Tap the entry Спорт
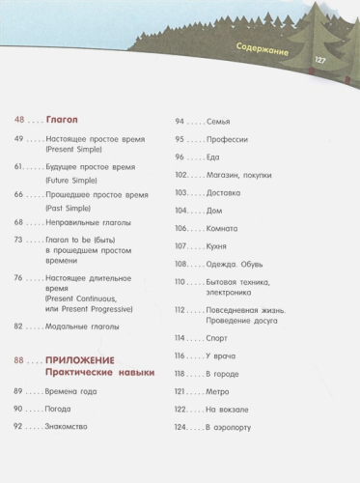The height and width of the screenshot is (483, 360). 217,339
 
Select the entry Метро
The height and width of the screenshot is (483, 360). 217,392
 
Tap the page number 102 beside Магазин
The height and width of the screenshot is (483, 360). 181,175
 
